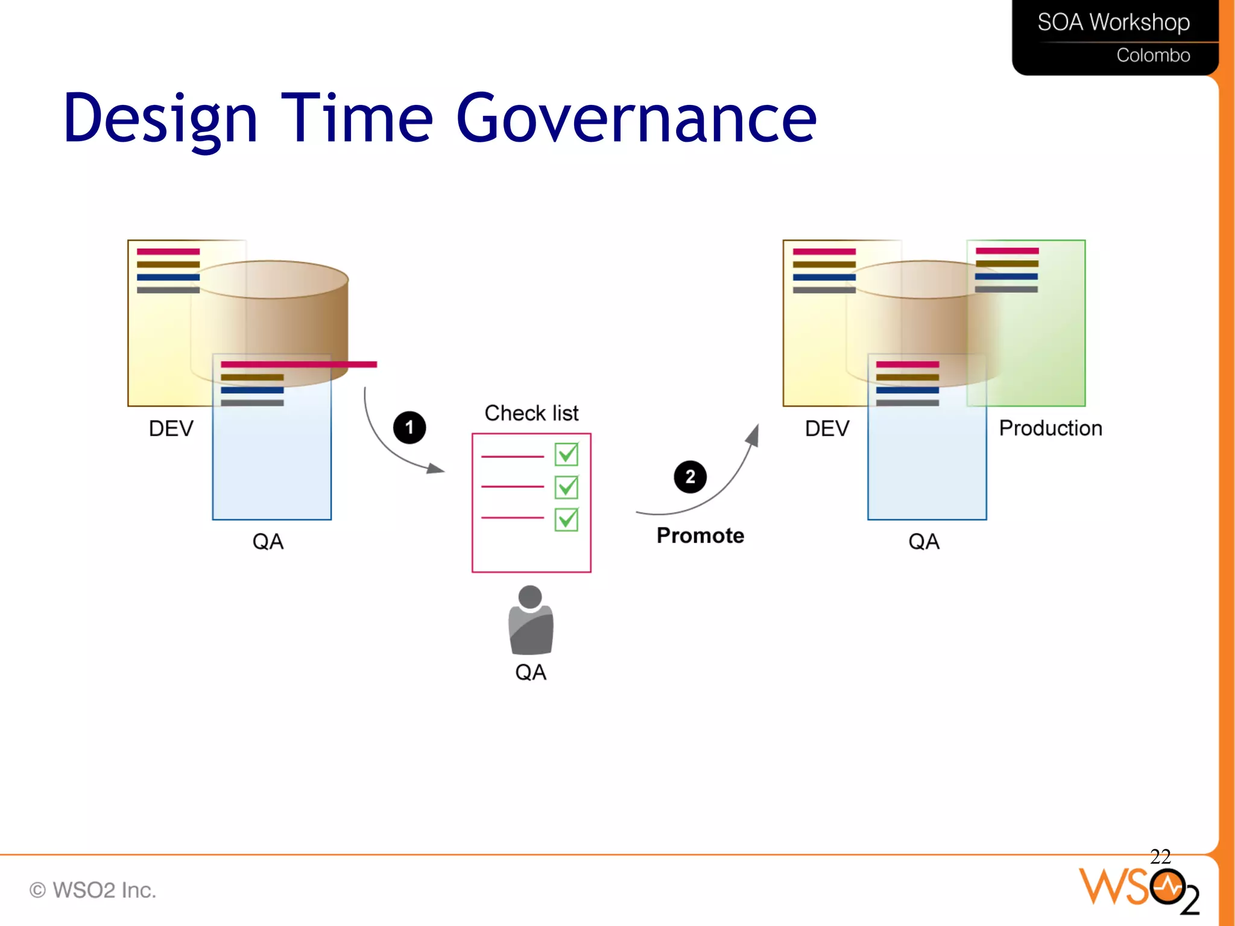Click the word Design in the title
[160, 118]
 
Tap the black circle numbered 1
[409, 428]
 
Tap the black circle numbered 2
[690, 477]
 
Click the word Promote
[700, 535]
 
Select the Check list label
[531, 413]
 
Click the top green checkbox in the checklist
[566, 454]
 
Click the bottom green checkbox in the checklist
[566, 519]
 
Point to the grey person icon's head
[530, 597]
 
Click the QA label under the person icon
[531, 672]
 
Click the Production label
[1050, 428]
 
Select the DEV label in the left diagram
[171, 429]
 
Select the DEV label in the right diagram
[827, 429]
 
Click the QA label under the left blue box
[268, 542]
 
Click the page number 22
[1160, 857]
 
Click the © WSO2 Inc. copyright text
[93, 890]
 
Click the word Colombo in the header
[1153, 55]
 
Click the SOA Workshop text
[1113, 22]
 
